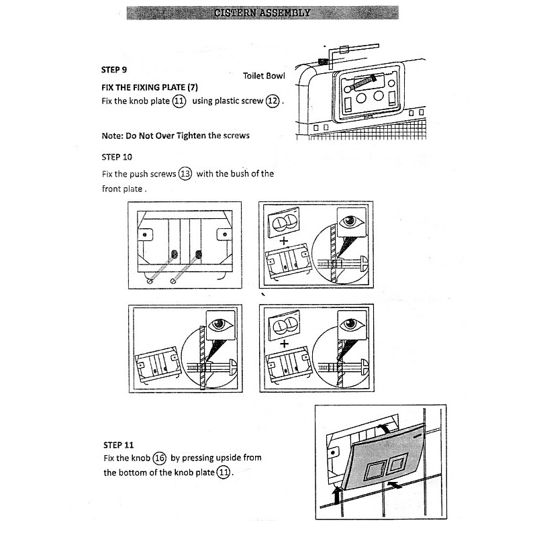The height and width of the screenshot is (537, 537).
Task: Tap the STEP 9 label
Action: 114,69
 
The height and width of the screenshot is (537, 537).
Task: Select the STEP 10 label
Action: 116,157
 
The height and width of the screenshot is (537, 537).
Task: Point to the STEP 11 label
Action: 119,444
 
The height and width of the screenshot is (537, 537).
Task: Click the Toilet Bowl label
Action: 264,76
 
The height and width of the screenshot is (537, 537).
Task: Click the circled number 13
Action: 185,174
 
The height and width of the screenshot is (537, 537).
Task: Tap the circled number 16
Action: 159,458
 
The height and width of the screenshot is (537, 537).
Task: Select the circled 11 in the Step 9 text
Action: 179,101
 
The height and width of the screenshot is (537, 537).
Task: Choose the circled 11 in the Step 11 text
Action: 223,473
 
